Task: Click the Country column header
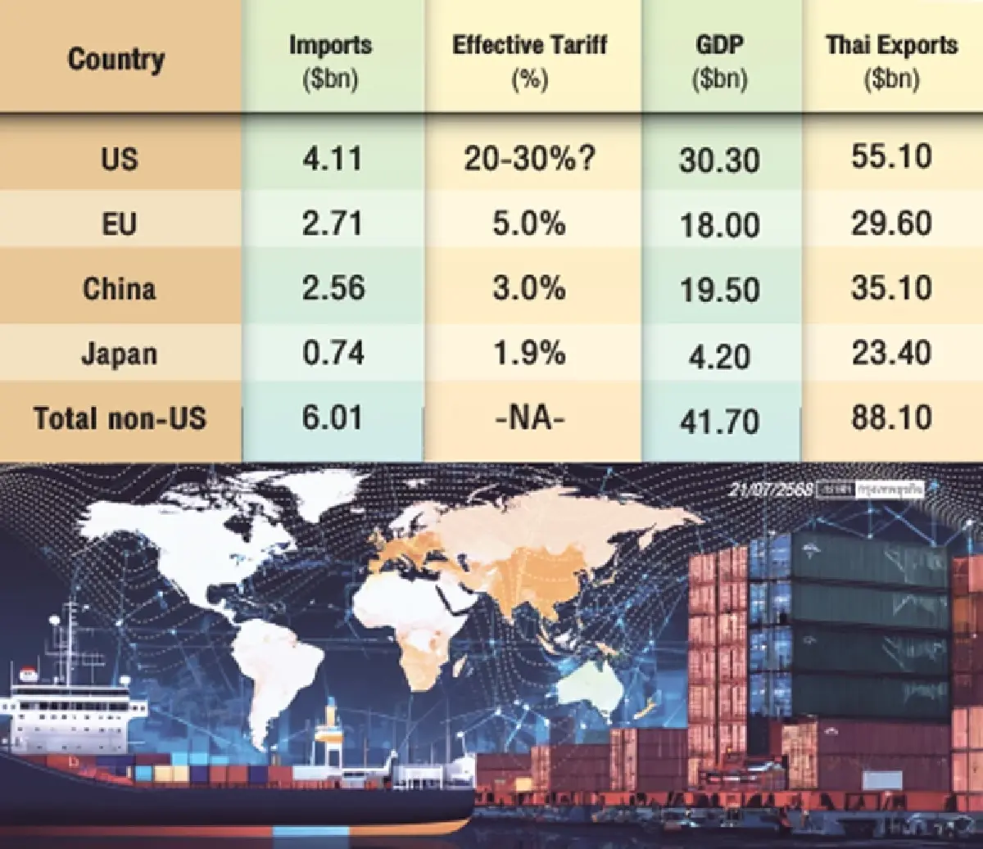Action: coord(116,59)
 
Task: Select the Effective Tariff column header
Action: coord(529,61)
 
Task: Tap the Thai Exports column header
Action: coord(891,61)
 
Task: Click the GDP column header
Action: coord(719,61)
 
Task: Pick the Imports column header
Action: coord(330,61)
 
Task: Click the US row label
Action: coord(119,158)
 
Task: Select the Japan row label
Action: coord(119,354)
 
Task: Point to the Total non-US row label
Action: coord(120,418)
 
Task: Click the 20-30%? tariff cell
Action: coord(529,158)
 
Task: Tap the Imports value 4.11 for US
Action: coord(332,158)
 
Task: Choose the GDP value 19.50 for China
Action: coord(719,289)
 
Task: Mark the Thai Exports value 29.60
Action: coord(891,223)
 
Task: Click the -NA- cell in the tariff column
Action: coord(529,418)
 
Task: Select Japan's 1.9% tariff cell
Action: coord(529,354)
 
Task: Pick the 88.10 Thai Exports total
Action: coord(891,418)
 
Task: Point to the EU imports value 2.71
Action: coord(332,223)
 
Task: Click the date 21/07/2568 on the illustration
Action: coord(770,489)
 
